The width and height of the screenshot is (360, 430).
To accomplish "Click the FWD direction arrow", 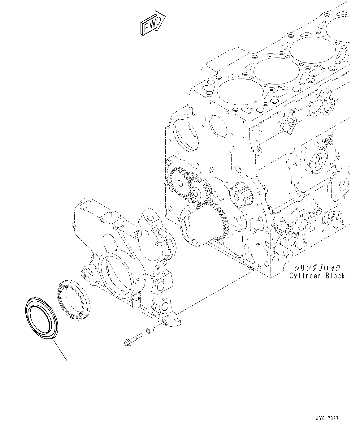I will pos(153,23).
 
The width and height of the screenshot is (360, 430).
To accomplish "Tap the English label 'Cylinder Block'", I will pos(317,276).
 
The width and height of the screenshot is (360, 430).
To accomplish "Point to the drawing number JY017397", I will pos(327,418).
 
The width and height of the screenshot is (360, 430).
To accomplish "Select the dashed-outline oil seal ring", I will pos(73,297).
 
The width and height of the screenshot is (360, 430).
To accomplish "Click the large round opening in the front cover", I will pos(117,272).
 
